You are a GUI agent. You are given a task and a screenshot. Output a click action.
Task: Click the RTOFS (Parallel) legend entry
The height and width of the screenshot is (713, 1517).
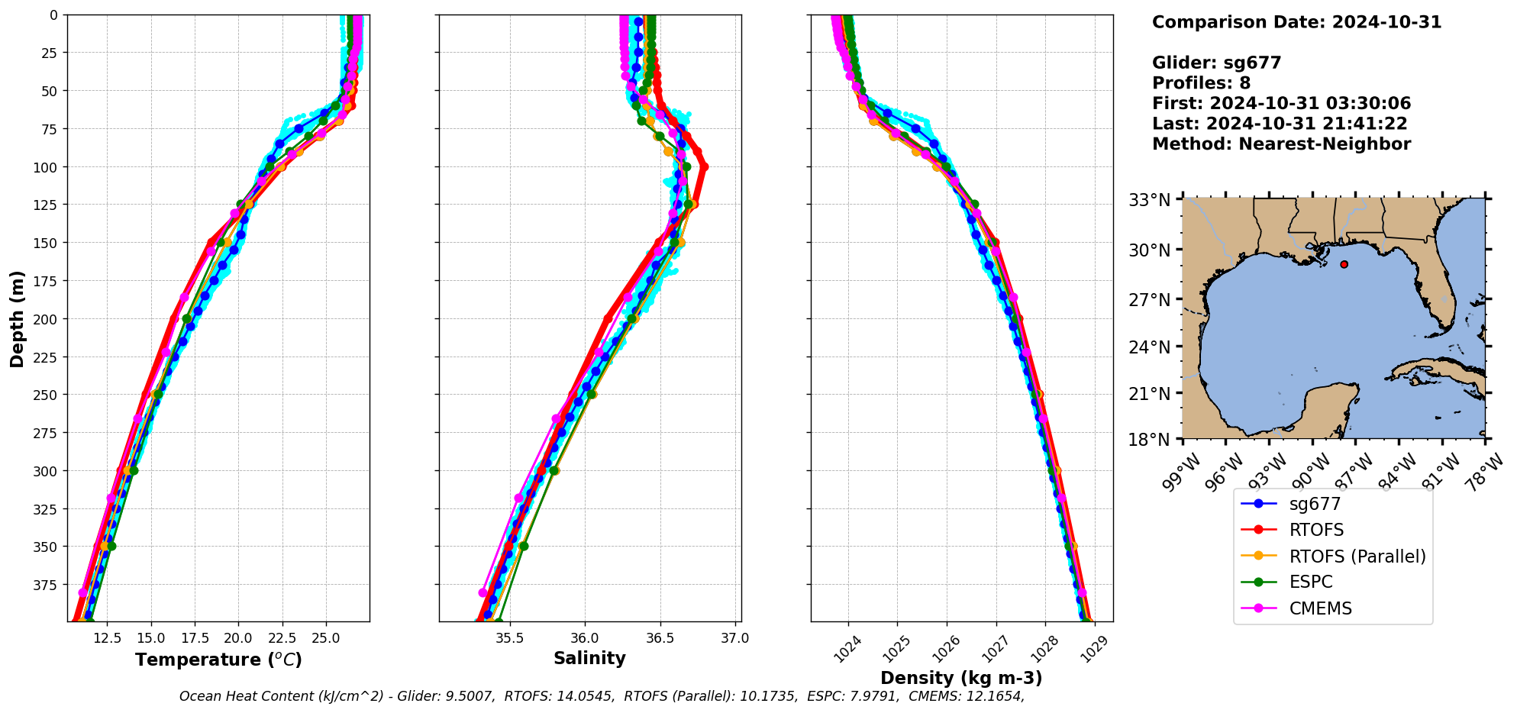tap(1357, 557)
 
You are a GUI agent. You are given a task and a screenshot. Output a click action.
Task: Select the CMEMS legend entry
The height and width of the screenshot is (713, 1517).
tap(1320, 608)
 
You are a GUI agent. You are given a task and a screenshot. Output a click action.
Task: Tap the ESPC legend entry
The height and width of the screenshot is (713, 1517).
tap(1310, 582)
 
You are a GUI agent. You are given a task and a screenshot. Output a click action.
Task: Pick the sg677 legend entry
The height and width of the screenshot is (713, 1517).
tap(1315, 504)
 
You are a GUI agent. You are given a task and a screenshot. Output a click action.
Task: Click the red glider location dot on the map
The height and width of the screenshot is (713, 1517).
tap(1344, 264)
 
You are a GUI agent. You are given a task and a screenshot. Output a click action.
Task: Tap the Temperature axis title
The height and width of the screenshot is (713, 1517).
tap(218, 660)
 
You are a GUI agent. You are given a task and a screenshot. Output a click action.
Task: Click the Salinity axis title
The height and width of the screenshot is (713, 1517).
tap(589, 658)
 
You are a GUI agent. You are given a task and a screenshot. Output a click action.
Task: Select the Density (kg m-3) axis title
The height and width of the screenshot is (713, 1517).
tap(961, 678)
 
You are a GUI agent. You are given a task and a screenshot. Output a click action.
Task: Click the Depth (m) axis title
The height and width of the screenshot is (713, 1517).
tap(17, 318)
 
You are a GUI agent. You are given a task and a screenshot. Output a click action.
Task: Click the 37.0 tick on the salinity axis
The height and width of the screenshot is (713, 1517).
tap(734, 638)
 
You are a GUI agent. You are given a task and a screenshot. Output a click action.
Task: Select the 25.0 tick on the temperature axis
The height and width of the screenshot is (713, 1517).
tap(325, 638)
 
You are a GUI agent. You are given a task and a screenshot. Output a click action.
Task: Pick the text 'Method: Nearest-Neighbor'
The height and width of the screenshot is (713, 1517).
tap(1281, 144)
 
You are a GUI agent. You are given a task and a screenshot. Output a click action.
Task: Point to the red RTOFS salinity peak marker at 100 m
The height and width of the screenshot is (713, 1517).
tap(704, 166)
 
